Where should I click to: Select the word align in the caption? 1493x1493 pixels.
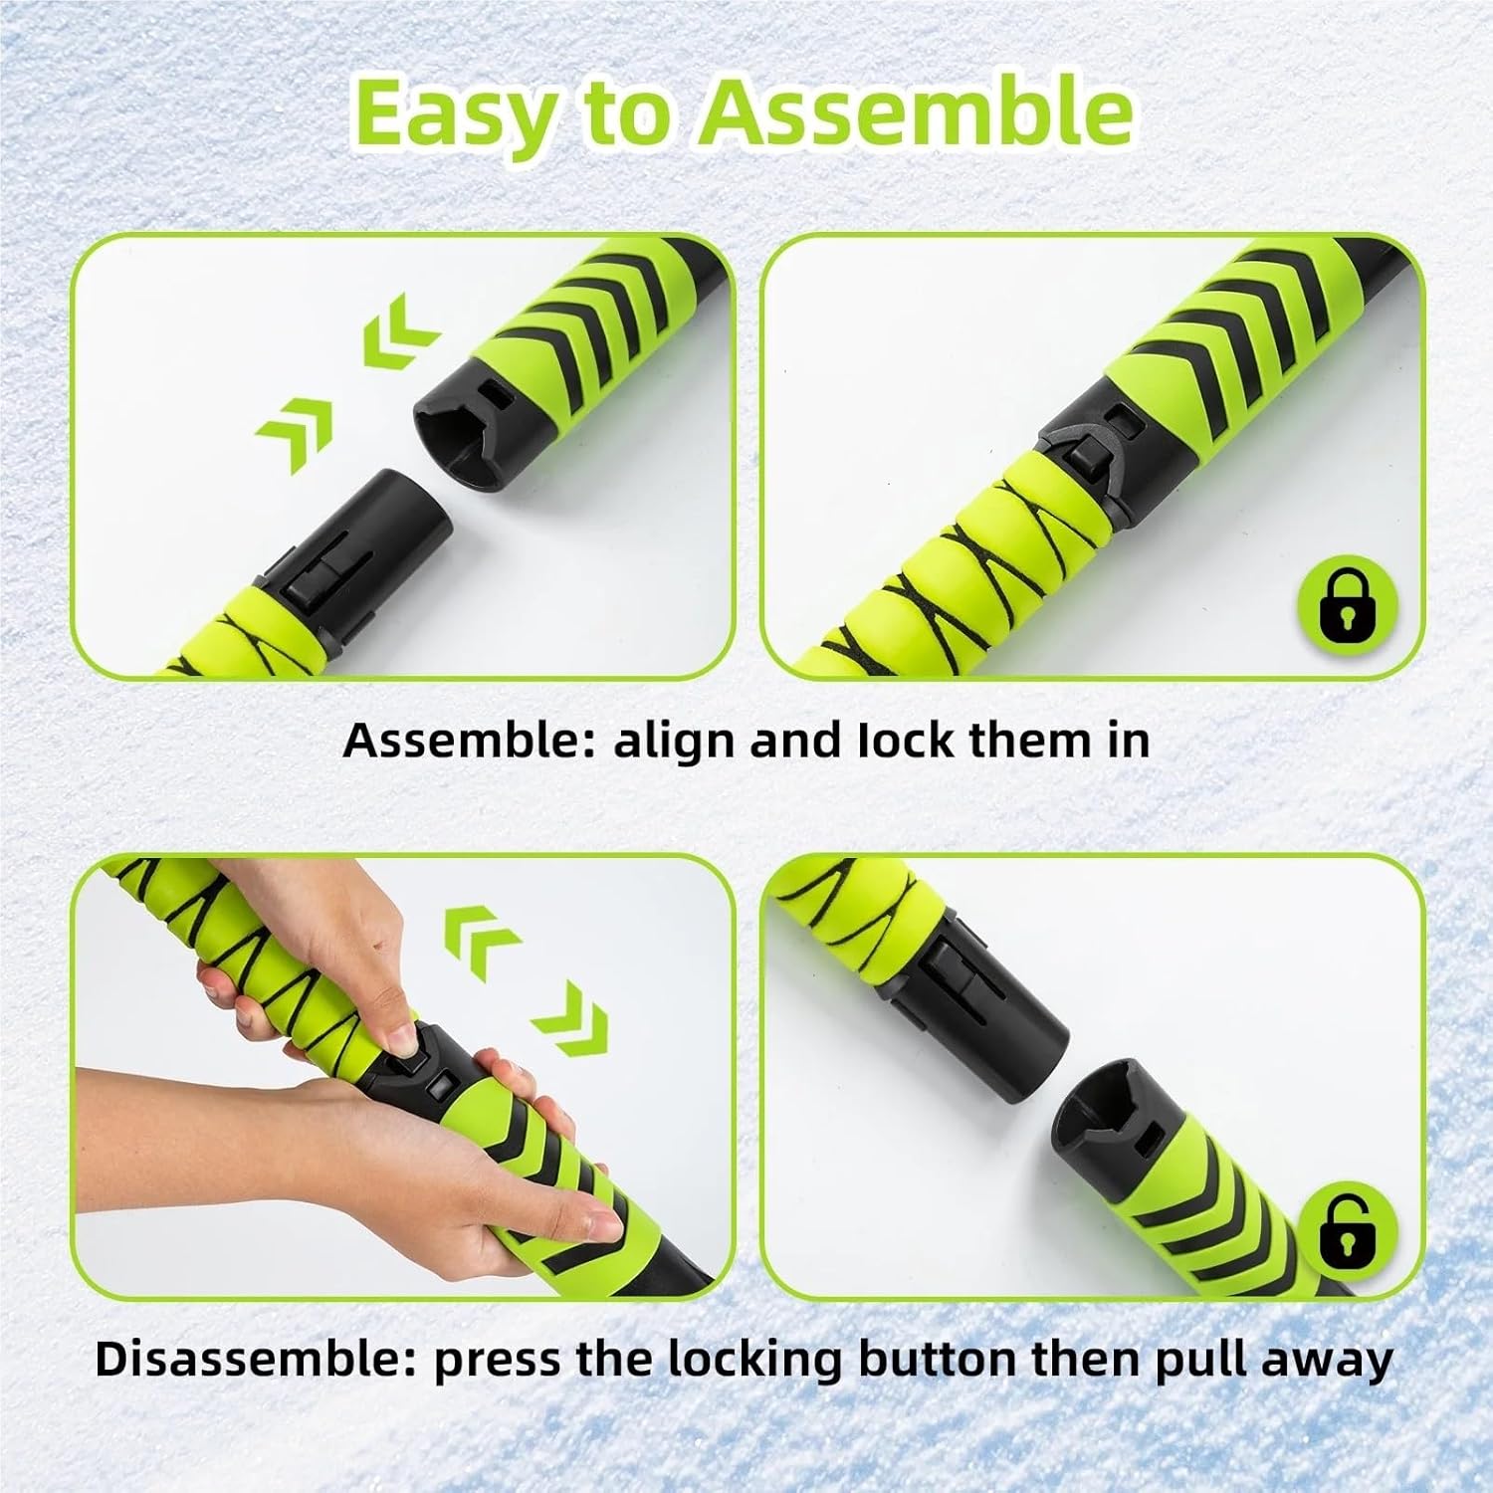tap(676, 743)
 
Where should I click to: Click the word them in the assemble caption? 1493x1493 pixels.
tap(1027, 742)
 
